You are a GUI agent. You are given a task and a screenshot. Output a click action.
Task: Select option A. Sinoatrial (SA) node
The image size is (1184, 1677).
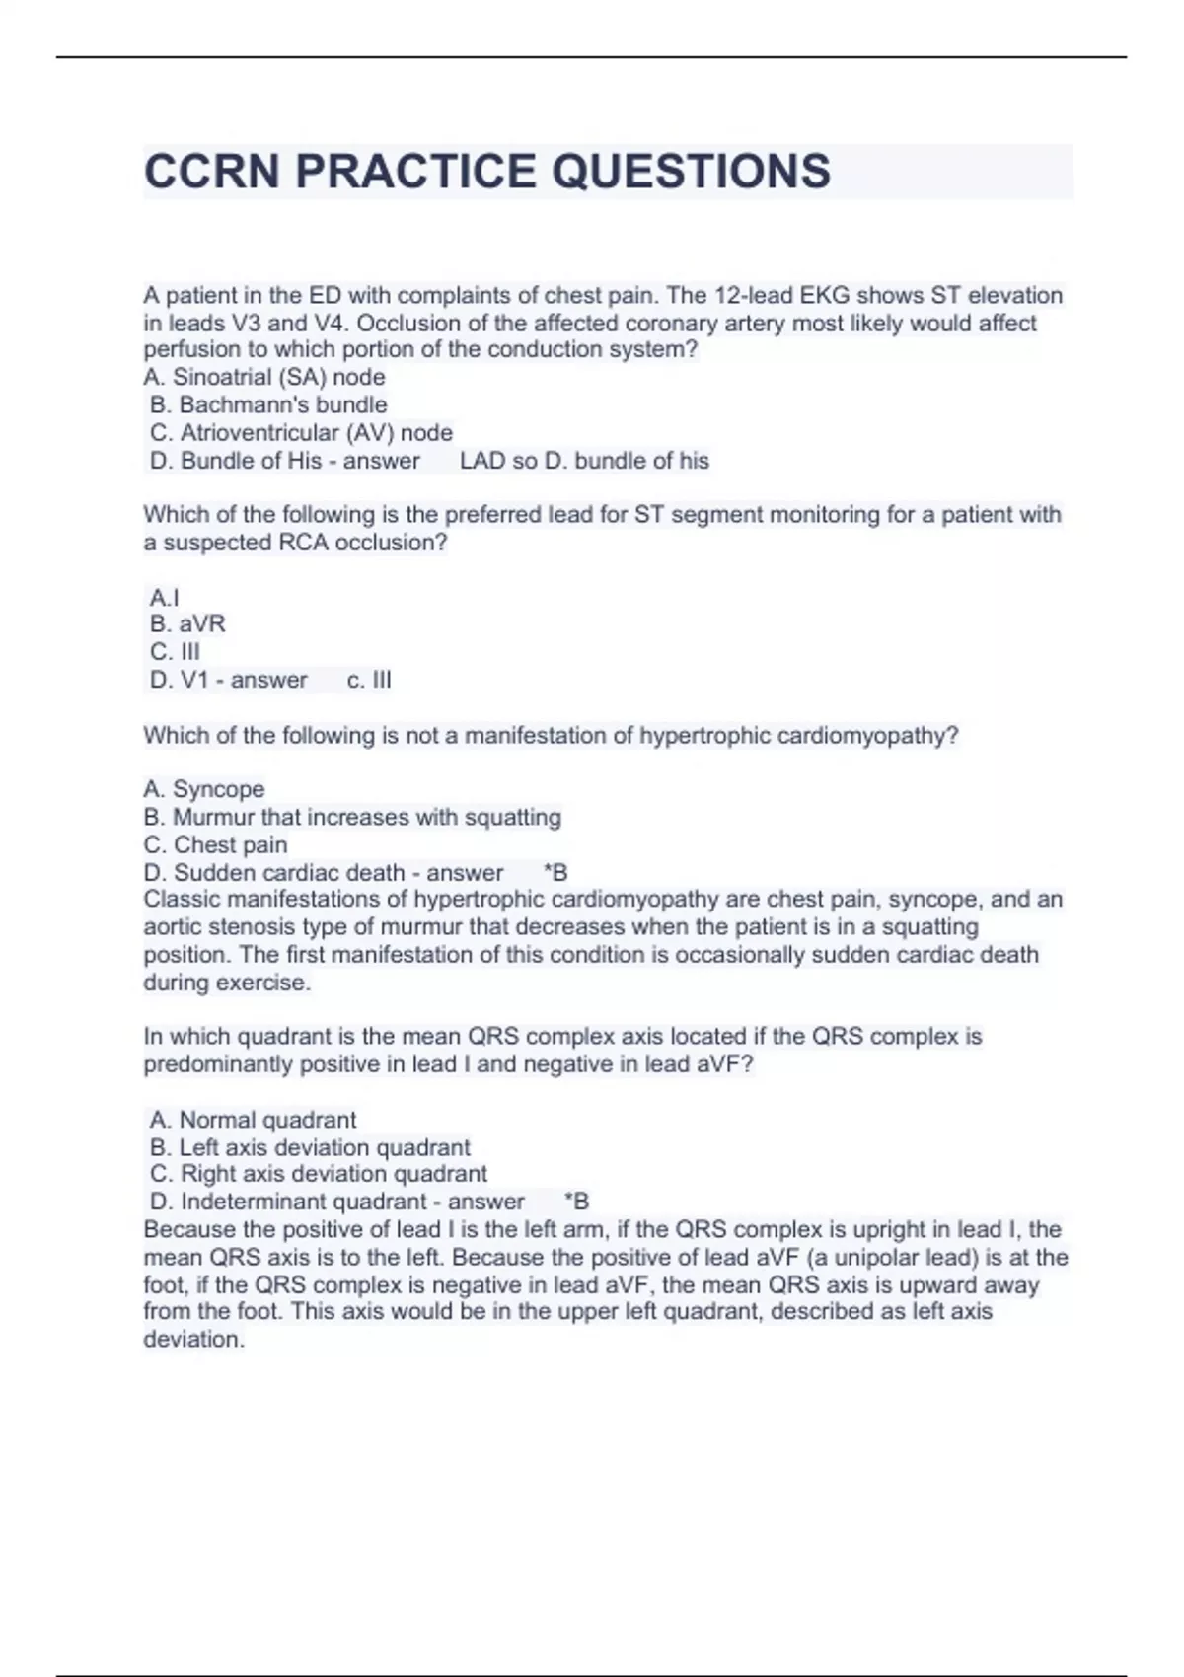(264, 377)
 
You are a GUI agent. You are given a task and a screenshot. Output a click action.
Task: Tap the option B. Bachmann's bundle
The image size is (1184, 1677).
(268, 404)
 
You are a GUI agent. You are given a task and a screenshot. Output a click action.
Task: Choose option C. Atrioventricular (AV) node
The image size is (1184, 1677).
(301, 432)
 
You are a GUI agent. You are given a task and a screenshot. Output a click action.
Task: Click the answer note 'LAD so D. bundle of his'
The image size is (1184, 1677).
(584, 461)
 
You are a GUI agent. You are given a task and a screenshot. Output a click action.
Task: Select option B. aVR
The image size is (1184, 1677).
(187, 623)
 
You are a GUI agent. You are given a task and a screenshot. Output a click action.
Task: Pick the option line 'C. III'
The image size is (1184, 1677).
(175, 651)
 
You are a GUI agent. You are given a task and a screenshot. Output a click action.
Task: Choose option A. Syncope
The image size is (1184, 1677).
(204, 789)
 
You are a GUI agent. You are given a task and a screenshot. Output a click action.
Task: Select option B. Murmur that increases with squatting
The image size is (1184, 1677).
(352, 817)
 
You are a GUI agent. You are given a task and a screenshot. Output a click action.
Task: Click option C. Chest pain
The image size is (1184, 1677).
(215, 844)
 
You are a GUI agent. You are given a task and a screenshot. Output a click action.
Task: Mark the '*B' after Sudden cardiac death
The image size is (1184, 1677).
(555, 872)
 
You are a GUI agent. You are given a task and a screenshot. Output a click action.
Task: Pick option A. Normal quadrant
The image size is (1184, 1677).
(253, 1120)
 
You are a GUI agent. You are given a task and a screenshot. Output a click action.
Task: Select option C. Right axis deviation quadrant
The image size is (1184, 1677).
(318, 1174)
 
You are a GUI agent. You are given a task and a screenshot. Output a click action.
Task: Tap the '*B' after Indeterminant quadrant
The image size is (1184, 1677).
(576, 1202)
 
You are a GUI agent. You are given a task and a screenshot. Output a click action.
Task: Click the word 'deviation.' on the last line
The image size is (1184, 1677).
(193, 1340)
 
